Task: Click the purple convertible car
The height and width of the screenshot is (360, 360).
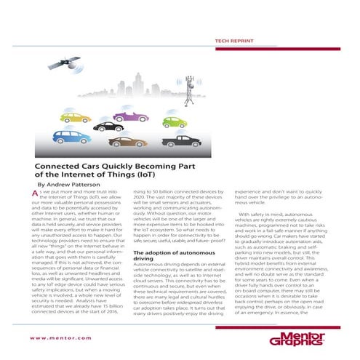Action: [130, 115]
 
